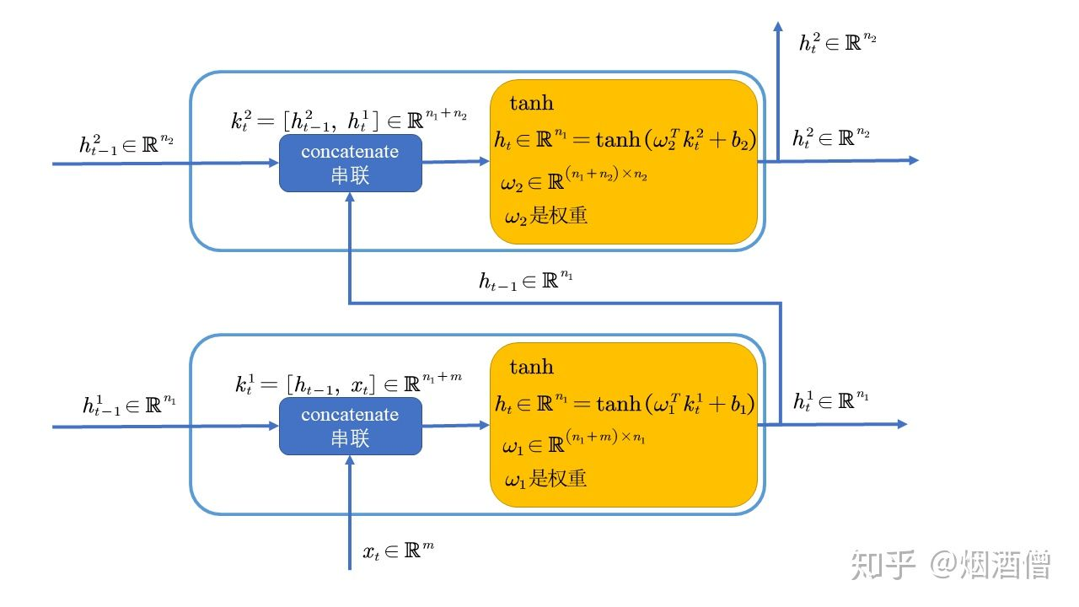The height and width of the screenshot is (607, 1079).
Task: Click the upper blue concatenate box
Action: click(x=350, y=164)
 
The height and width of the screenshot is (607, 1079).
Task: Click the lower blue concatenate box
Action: click(x=350, y=427)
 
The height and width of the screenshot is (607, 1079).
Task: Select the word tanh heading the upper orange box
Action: click(x=532, y=104)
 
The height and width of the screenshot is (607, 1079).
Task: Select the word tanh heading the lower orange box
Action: click(x=532, y=367)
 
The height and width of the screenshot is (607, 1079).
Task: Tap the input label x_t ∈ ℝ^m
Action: click(x=398, y=551)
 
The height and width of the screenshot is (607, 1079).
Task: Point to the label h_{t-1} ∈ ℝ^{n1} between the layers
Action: click(x=525, y=281)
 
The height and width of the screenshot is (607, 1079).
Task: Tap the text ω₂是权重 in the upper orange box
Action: click(x=545, y=216)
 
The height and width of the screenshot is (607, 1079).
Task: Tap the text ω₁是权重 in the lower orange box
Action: click(x=545, y=480)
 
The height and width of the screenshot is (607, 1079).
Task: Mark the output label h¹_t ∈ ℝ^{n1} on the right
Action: click(x=830, y=400)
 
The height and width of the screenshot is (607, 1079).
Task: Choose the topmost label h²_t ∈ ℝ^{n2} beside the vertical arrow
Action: click(x=837, y=41)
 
